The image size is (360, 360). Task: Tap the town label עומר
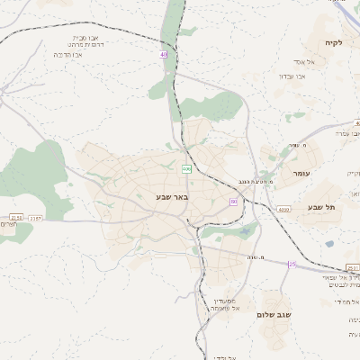click(x=301, y=172)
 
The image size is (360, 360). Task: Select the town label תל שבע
click(x=321, y=207)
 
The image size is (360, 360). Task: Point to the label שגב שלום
click(x=274, y=315)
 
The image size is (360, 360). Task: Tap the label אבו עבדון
click(x=316, y=76)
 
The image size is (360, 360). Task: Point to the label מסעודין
click(x=224, y=301)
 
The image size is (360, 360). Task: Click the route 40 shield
click(x=164, y=55)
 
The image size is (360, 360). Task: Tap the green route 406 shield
click(x=187, y=168)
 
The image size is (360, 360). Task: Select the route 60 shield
click(x=233, y=202)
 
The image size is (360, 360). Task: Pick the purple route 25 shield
click(x=292, y=264)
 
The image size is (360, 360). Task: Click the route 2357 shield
click(x=35, y=217)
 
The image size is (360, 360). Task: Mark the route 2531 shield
click(x=352, y=268)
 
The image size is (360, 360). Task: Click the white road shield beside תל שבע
click(x=283, y=210)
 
